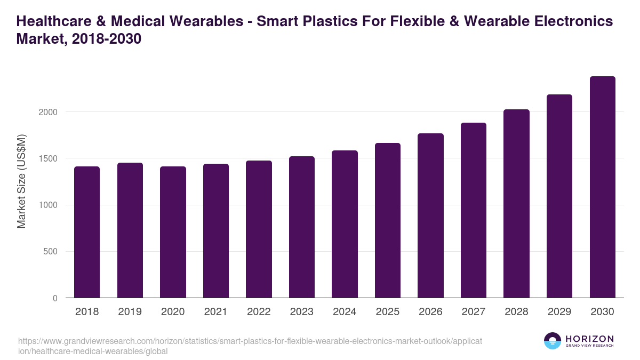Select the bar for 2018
click(87, 232)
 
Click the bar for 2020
click(173, 232)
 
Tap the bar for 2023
click(301, 227)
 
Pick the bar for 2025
click(387, 220)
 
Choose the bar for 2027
click(473, 210)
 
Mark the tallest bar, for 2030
click(602, 187)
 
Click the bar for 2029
click(559, 196)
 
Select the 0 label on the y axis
click(55, 299)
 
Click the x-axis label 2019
click(130, 312)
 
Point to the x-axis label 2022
click(259, 312)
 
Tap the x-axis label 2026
click(430, 312)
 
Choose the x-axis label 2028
click(516, 312)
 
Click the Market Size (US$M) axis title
click(21, 181)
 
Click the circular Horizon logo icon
click(553, 341)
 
